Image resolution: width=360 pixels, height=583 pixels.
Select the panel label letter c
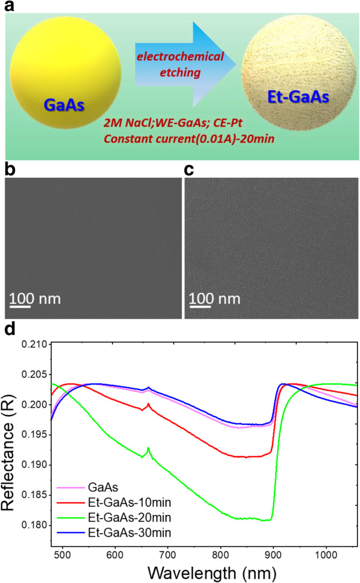coord(189,169)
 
